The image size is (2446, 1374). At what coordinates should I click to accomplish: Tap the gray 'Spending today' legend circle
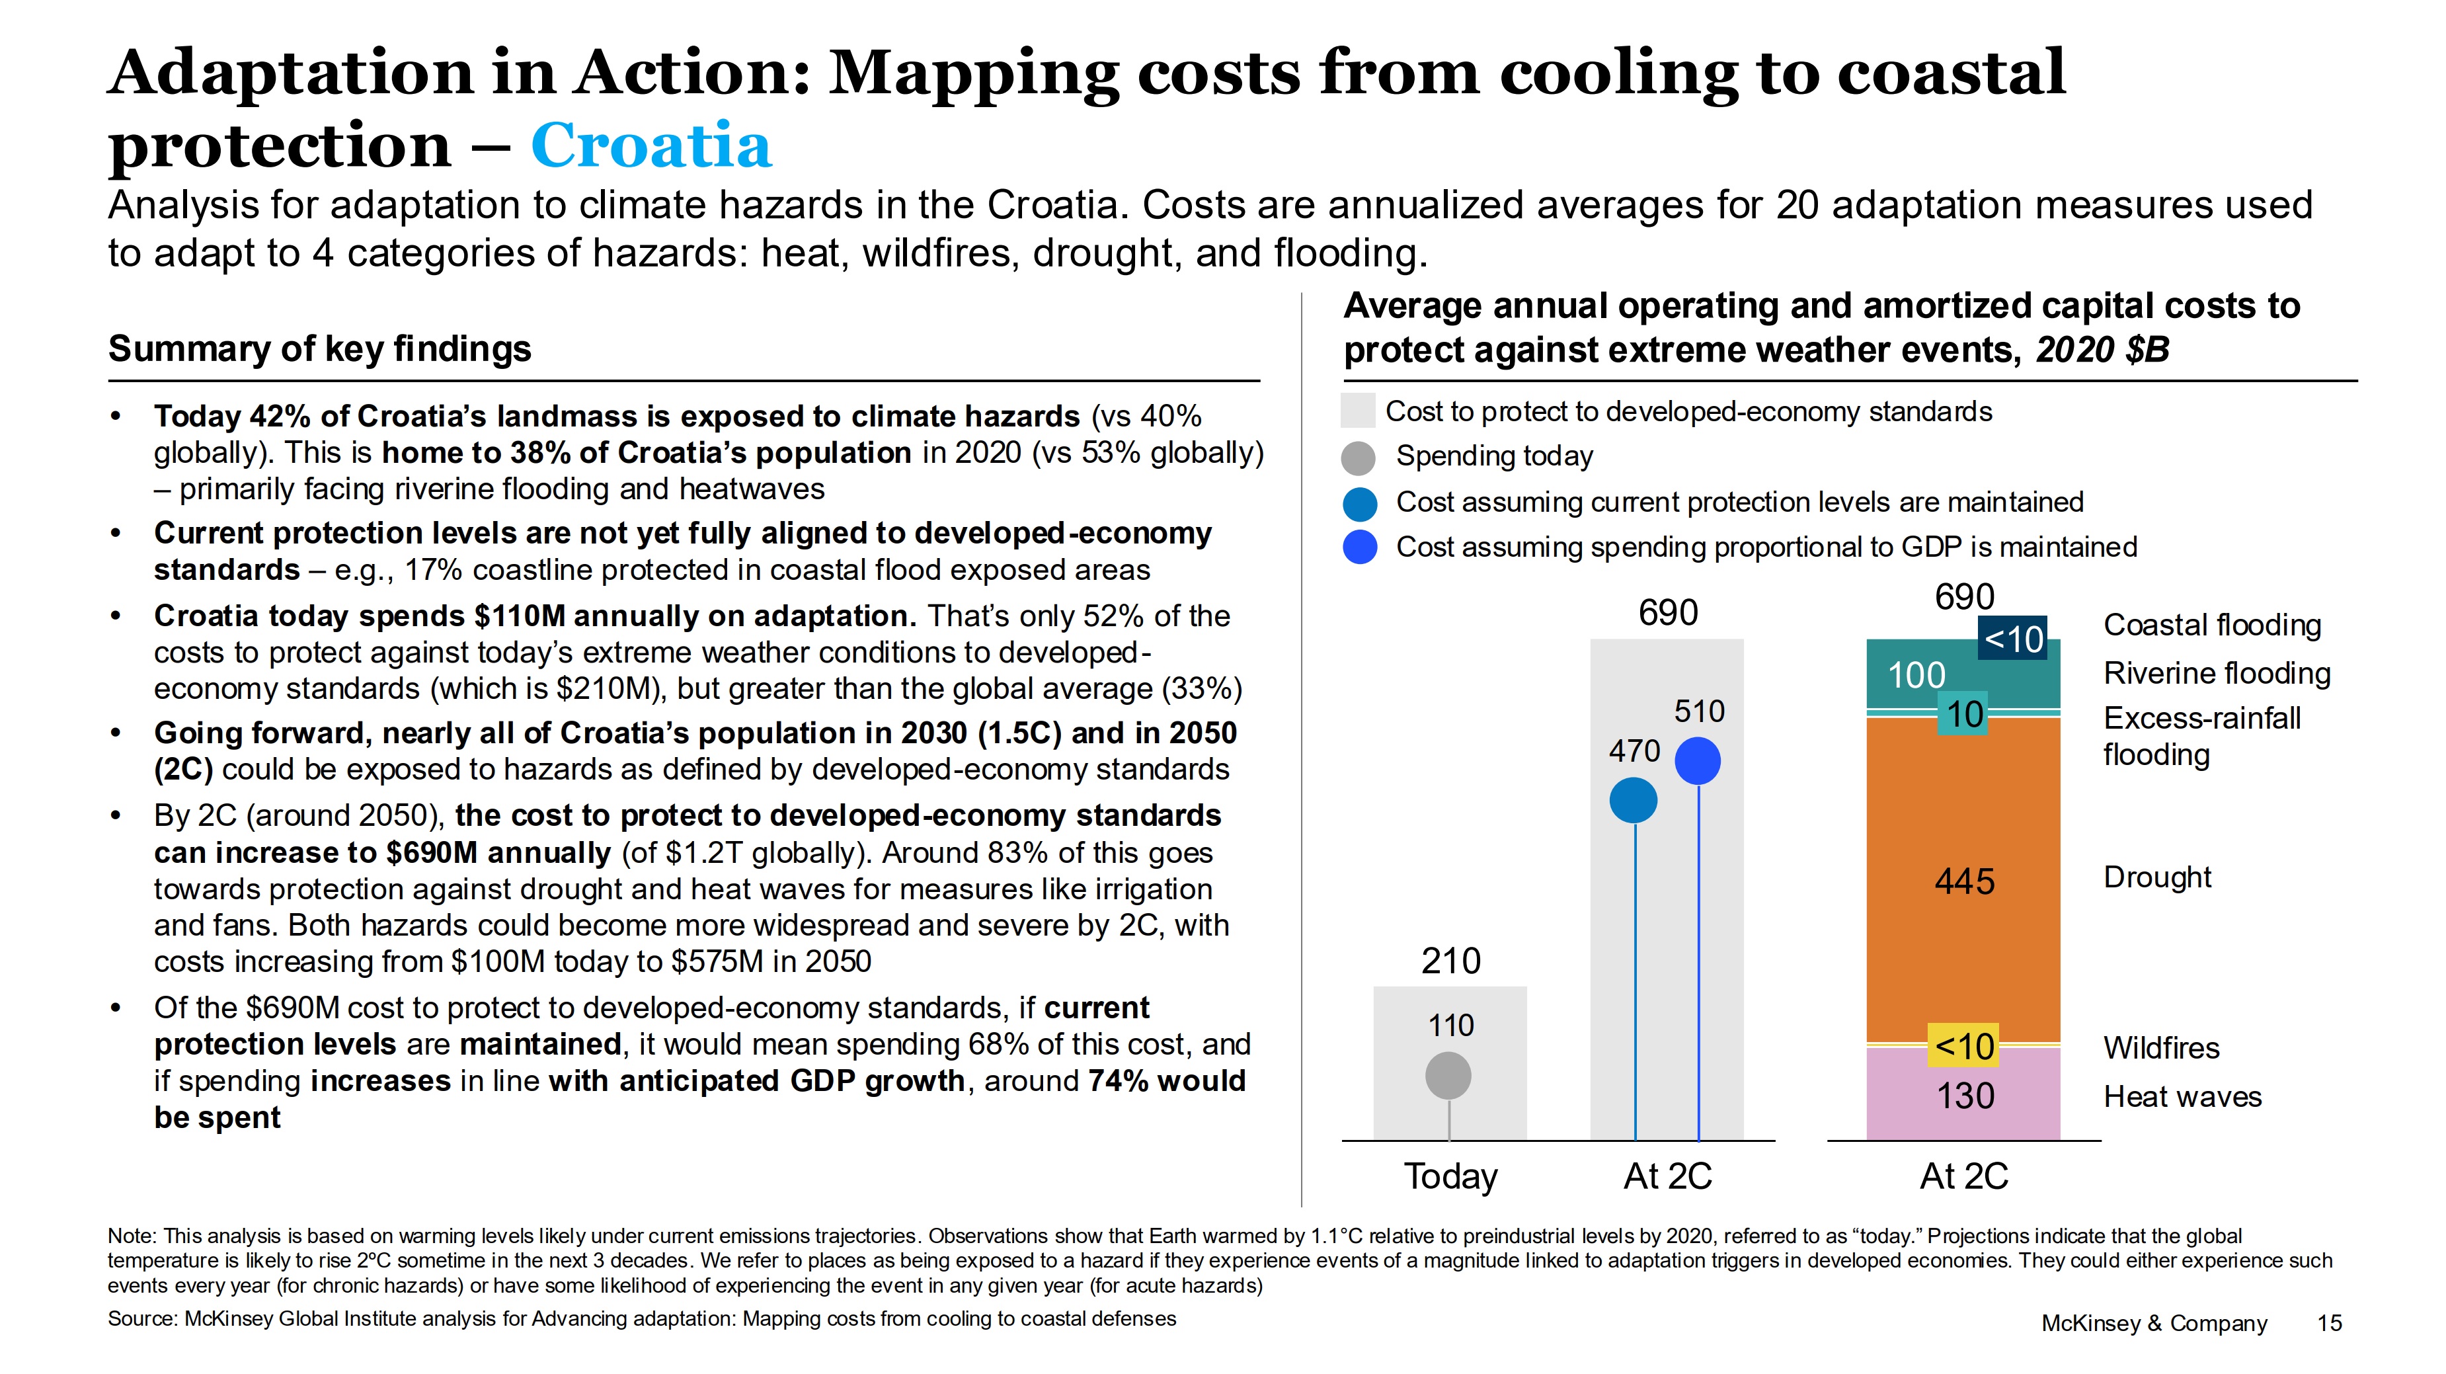click(1359, 458)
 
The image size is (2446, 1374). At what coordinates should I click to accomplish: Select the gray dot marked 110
click(1448, 1076)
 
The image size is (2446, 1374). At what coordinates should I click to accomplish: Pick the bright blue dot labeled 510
click(1698, 760)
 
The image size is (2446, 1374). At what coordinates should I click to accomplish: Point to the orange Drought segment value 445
click(1965, 881)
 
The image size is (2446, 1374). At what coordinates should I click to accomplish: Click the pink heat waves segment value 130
click(1965, 1096)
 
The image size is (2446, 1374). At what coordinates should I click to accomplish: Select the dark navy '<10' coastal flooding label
click(2013, 639)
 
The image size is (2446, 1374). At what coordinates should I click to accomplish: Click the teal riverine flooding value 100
click(1916, 675)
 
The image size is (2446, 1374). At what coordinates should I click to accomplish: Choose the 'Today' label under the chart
click(1450, 1176)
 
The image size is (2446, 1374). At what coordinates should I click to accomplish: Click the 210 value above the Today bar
click(1450, 961)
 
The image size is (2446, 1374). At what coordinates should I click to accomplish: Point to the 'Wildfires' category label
click(2161, 1047)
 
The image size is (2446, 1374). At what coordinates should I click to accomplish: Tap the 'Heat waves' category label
click(2182, 1097)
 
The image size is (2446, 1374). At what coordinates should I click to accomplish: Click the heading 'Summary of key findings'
click(319, 348)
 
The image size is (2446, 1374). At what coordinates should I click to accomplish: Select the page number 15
click(2329, 1322)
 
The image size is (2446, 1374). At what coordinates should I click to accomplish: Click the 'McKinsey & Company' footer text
click(2154, 1322)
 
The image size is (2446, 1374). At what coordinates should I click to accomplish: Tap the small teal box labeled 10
click(1963, 714)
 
